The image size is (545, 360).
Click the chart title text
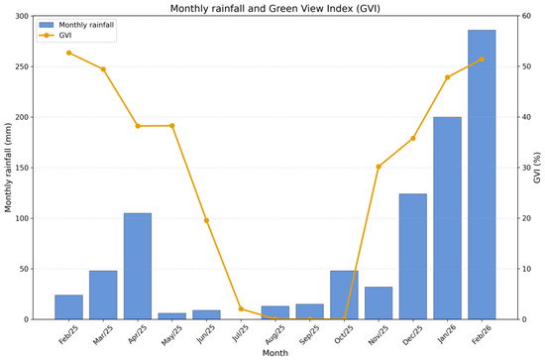274,8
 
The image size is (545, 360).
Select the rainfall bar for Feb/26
482,175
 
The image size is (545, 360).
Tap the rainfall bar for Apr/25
138,266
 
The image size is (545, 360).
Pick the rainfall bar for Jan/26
447,218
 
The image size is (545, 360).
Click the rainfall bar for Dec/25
413,256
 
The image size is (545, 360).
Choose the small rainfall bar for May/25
172,316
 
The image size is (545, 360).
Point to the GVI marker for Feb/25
68,53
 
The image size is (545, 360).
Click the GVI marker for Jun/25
206,220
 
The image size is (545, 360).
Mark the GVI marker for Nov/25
379,167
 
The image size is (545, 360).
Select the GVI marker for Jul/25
241,308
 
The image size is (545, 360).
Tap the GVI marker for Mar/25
103,68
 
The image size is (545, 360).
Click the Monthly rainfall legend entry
76,25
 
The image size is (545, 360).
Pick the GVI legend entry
55,35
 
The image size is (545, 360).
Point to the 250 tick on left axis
22,66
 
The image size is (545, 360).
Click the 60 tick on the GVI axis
526,16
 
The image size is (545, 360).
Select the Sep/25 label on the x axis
309,334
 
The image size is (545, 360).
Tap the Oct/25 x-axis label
344,334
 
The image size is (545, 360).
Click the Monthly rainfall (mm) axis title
8,168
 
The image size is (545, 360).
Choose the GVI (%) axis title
537,168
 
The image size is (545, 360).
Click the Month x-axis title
274,353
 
